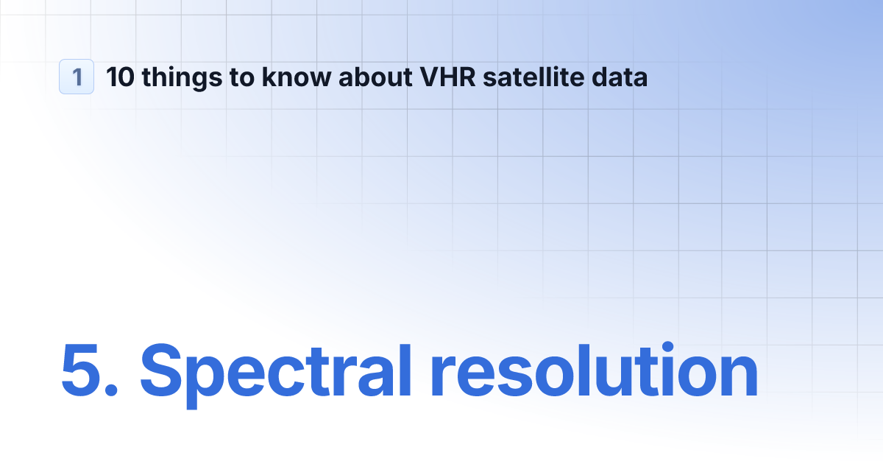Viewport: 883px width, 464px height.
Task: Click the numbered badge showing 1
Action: [x=77, y=77]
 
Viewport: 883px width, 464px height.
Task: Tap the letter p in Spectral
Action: [x=209, y=379]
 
